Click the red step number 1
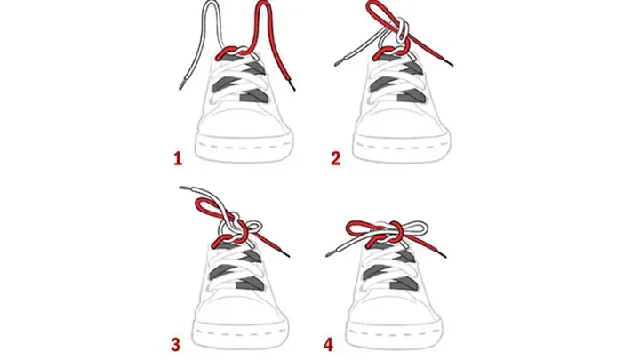178,158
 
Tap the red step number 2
335,158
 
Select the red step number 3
175,345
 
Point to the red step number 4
328,345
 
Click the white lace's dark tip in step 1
180,85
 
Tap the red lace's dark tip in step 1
292,85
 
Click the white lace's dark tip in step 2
339,63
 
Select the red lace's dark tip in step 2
450,62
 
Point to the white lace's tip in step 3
184,188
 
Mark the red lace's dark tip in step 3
285,254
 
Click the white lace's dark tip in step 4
330,255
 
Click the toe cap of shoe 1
244,120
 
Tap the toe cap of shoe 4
395,306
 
